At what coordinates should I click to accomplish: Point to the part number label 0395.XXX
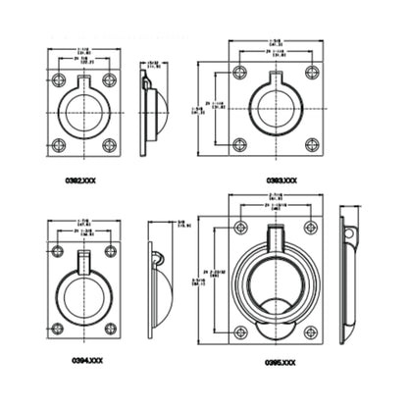[280, 362]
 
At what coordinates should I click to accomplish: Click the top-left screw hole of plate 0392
[59, 79]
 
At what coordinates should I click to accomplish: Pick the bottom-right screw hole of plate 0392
[109, 145]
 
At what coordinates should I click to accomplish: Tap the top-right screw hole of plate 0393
[311, 73]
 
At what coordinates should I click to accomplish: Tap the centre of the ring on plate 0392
[84, 113]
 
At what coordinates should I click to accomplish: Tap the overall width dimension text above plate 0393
[276, 43]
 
